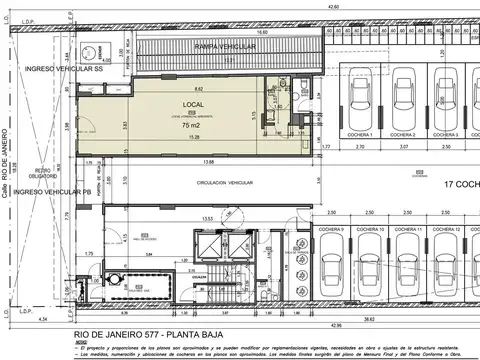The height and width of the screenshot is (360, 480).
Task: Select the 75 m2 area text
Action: click(190, 126)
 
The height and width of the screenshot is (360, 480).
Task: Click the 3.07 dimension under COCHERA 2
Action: click(403, 146)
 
